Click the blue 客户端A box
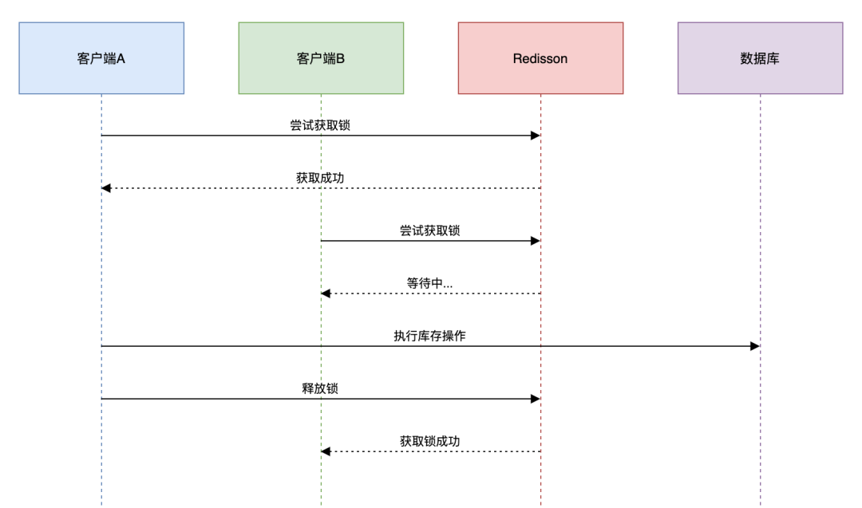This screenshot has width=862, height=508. click(101, 58)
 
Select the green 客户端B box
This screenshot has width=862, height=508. click(321, 58)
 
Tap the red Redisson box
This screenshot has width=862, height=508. click(540, 58)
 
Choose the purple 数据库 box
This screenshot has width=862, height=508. click(760, 58)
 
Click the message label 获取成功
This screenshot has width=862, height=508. click(320, 178)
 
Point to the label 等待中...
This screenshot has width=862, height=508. click(429, 283)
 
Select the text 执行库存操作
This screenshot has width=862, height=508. click(429, 336)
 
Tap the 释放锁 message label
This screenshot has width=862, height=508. click(320, 388)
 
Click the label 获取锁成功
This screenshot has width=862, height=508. click(429, 441)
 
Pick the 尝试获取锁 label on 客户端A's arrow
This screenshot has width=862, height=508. click(320, 125)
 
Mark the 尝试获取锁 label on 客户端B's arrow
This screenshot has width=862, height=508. click(429, 230)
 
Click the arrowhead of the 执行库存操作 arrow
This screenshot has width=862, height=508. click(755, 346)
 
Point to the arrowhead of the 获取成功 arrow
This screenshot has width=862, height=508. click(106, 188)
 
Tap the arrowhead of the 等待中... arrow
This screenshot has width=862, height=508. click(326, 293)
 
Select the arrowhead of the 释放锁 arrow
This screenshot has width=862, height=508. click(536, 399)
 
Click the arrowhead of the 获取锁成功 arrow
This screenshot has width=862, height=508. click(326, 451)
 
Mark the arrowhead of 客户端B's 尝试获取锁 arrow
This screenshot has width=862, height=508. click(536, 241)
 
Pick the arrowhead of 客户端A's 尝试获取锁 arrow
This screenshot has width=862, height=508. click(536, 136)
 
